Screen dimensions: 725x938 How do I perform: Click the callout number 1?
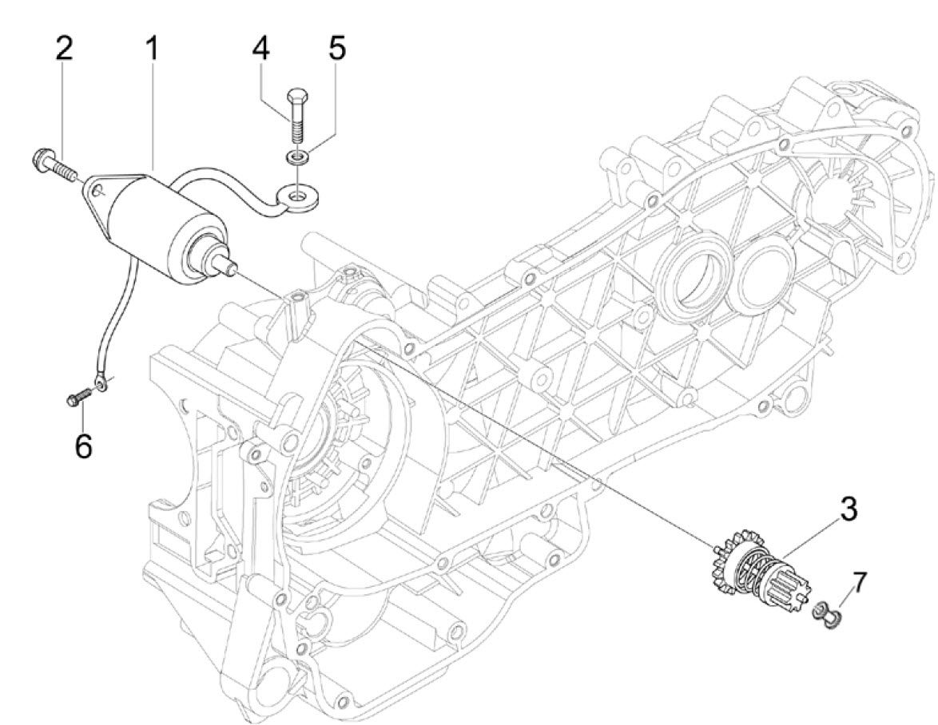click(x=151, y=49)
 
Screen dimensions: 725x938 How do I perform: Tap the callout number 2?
click(x=63, y=49)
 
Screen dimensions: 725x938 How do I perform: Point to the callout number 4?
click(x=260, y=49)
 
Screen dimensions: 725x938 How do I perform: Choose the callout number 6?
click(x=83, y=445)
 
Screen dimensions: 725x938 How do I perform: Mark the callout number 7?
click(x=857, y=584)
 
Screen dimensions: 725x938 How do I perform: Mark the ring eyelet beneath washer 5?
click(x=296, y=195)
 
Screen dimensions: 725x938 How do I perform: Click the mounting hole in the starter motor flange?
click(x=97, y=191)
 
